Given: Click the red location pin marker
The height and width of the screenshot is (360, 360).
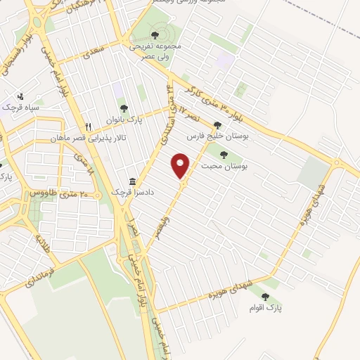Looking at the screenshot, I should tap(181, 165).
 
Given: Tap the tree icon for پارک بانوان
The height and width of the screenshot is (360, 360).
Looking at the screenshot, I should tap(124, 108).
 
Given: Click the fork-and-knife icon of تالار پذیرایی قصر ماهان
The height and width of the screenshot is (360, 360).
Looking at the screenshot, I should tap(87, 127).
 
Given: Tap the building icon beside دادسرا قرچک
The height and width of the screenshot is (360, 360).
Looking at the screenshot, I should tap(132, 180).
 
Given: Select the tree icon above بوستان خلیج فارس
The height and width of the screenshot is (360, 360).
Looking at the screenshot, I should tap(217, 125).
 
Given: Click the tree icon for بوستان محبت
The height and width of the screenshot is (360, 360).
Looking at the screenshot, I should tap(224, 154).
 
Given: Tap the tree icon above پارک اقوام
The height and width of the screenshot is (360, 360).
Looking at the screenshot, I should tap(265, 297).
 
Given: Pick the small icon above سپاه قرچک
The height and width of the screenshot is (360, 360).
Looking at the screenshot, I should tap(20, 96).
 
